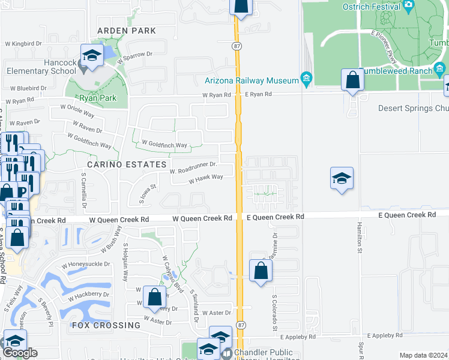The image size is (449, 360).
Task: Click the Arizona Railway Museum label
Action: click(x=252, y=80)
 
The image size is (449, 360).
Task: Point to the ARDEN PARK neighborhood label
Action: click(x=128, y=31)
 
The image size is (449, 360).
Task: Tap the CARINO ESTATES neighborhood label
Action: click(x=125, y=164)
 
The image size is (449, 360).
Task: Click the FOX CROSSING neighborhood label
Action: click(x=106, y=325)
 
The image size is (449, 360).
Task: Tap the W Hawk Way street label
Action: click(x=206, y=178)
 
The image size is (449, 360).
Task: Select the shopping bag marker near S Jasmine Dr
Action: click(x=261, y=271)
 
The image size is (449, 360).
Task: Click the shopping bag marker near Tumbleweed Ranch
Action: click(x=352, y=80)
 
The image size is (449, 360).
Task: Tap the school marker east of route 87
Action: click(x=341, y=178)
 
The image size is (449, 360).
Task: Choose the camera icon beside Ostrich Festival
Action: click(x=409, y=7)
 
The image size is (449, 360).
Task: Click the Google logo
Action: click(x=20, y=353)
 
